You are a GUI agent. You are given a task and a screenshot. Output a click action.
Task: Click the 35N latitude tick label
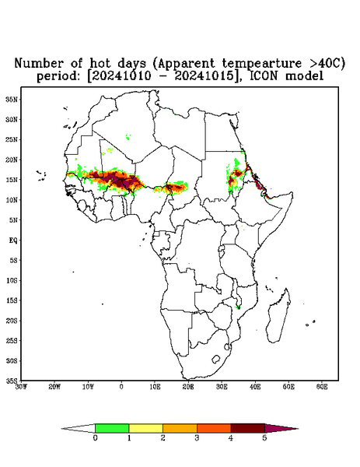pos(12,99)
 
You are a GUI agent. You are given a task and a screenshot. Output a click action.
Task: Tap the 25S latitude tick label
pos(12,340)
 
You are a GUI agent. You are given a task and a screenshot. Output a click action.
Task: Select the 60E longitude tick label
pos(322,387)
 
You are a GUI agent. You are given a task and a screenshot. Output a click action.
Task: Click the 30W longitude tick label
pos(21,387)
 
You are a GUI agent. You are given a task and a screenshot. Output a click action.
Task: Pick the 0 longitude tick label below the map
pos(121,387)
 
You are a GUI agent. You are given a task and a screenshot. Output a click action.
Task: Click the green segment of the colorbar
pos(112,428)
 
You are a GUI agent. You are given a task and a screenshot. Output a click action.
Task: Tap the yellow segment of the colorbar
pos(145,428)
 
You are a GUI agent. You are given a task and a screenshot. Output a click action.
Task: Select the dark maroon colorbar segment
pos(248,428)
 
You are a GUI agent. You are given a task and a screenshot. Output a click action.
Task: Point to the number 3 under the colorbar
pos(197,438)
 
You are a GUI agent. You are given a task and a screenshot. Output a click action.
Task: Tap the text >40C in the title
pos(324,63)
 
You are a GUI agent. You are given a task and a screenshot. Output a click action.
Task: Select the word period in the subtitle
pos(58,76)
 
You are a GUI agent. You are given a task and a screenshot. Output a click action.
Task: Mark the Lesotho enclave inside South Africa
pos(216,359)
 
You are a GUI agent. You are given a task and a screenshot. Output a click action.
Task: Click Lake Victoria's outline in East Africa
pos(222,248)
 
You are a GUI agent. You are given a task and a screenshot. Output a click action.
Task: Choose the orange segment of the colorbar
pos(180,428)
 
